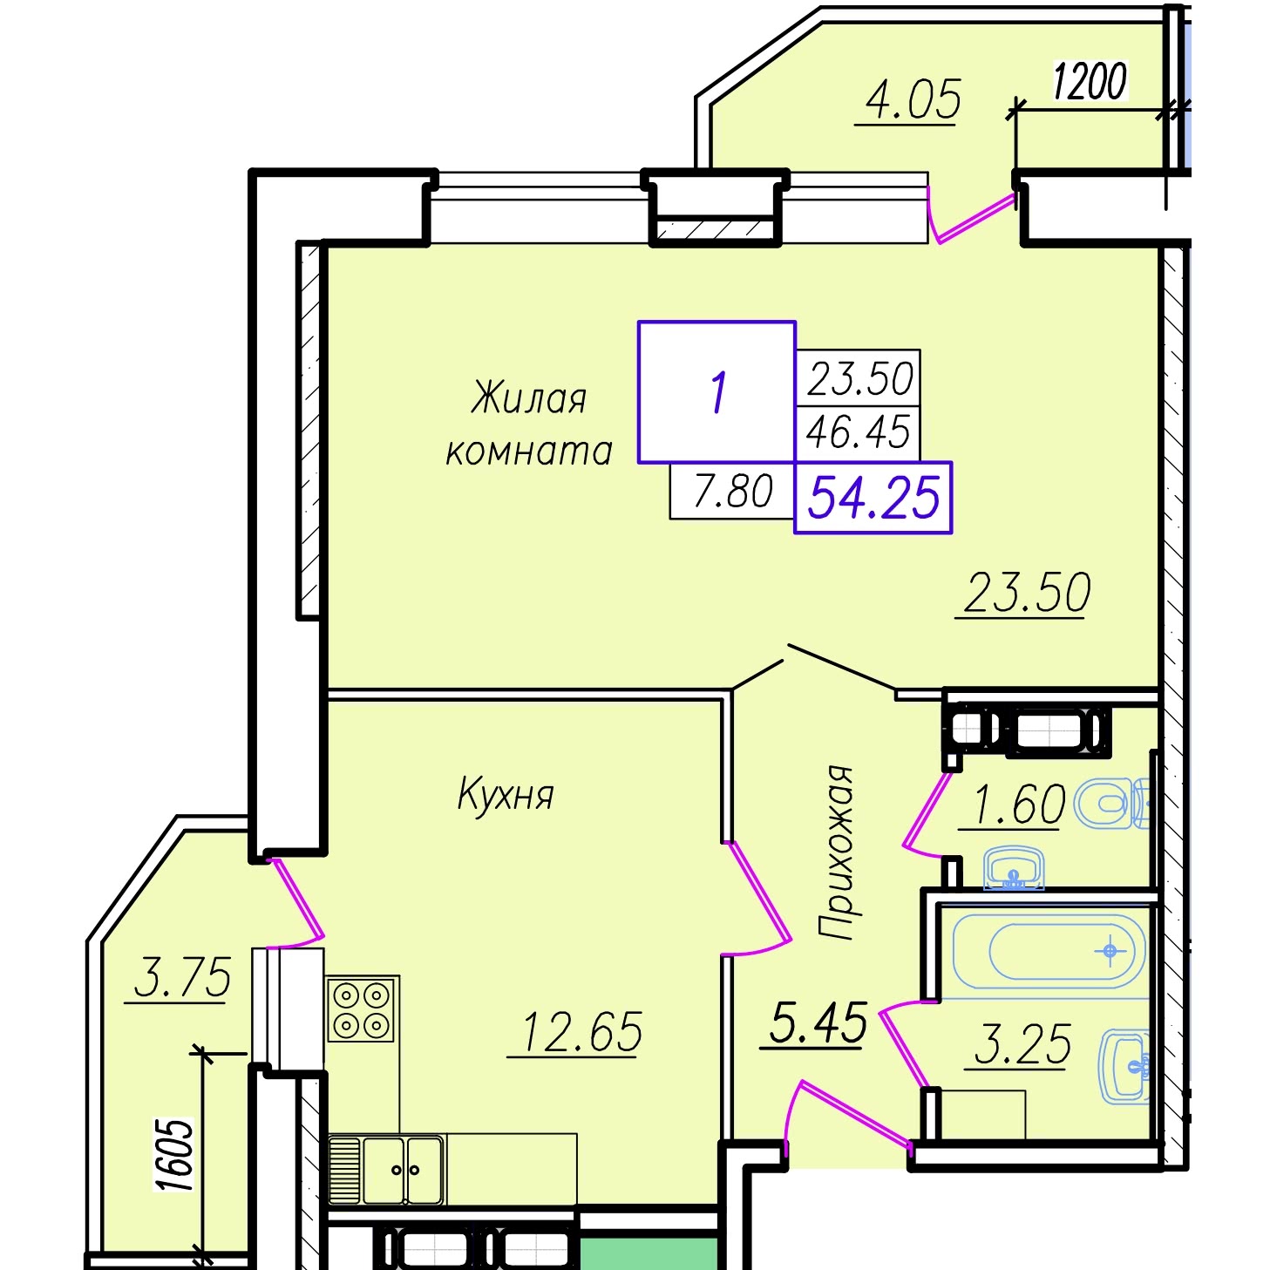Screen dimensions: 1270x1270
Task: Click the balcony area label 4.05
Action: [912, 100]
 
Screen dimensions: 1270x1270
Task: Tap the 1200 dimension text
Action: [1090, 82]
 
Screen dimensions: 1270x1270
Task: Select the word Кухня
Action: [506, 794]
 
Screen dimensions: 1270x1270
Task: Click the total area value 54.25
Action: [873, 499]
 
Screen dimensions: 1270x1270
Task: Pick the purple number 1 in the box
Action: [717, 392]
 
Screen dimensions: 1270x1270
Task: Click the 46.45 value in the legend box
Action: [858, 431]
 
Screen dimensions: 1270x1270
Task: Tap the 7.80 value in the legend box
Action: [733, 491]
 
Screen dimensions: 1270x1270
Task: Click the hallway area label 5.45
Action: [818, 1022]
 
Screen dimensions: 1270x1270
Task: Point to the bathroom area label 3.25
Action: [1022, 1044]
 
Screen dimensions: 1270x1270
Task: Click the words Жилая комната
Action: [529, 425]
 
